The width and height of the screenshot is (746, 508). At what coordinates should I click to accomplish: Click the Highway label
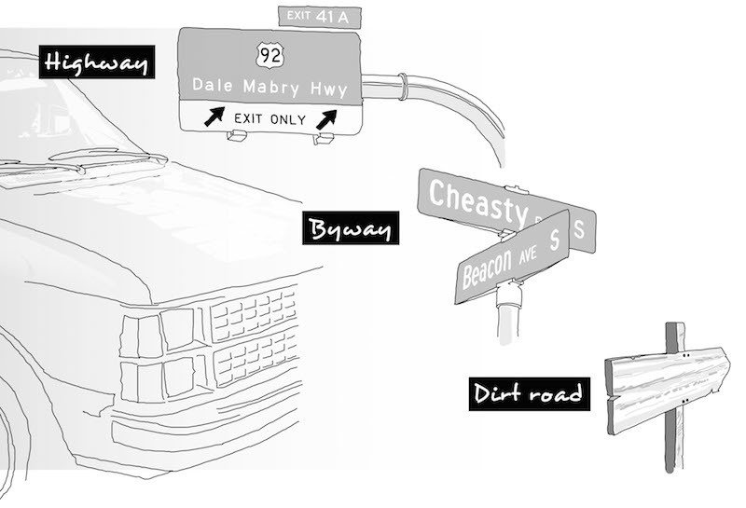(97, 62)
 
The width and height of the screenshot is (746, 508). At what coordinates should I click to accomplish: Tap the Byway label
(351, 228)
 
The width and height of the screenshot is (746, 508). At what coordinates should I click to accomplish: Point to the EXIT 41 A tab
(320, 15)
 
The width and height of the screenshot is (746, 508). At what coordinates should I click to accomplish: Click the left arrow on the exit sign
(214, 117)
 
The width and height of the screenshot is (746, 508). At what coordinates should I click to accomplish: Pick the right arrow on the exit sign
(325, 117)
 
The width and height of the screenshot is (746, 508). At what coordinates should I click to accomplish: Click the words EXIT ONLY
(269, 117)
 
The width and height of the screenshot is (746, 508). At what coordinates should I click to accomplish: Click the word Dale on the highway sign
(210, 86)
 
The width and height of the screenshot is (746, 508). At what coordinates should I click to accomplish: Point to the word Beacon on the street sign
(486, 268)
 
